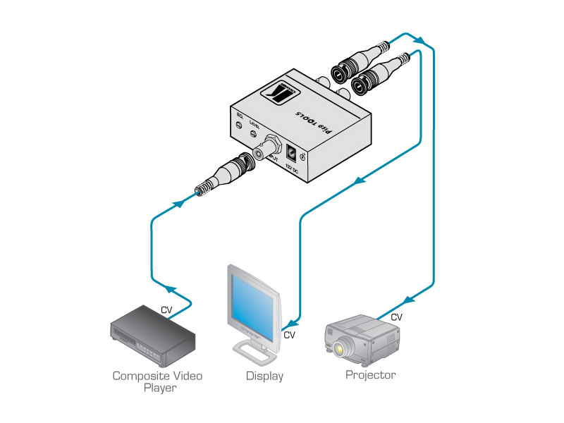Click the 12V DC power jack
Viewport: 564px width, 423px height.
(x=292, y=150)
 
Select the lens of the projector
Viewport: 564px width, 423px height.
(x=344, y=348)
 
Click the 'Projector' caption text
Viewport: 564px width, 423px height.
(x=370, y=374)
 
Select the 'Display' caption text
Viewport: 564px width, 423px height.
(x=264, y=376)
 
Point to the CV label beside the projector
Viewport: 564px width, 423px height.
(x=396, y=317)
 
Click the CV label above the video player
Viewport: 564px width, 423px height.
(x=166, y=309)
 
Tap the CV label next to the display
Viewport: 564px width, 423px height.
(x=289, y=335)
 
